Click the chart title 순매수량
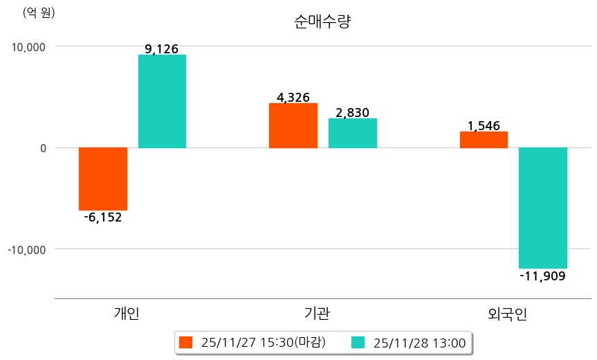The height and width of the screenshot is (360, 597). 322,22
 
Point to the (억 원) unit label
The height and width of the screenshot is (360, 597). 39,12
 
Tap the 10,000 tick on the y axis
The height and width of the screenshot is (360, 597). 26,46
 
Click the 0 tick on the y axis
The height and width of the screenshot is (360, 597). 42,147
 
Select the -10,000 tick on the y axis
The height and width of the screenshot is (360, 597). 26,249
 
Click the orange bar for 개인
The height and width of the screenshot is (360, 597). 102,179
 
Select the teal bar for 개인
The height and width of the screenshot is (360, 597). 162,101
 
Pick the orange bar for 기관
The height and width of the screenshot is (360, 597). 293,125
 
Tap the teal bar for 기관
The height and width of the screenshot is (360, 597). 352,133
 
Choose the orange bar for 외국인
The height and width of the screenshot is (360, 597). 484,139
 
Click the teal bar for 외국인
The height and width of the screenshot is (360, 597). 543,208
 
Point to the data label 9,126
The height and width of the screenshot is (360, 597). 162,49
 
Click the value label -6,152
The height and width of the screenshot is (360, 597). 102,217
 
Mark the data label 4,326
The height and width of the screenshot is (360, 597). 293,98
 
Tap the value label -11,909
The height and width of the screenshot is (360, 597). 543,276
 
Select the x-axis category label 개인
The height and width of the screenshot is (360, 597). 127,314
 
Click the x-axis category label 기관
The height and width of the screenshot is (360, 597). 317,314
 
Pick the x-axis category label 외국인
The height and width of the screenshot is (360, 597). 507,314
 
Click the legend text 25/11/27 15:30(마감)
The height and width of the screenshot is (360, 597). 263,342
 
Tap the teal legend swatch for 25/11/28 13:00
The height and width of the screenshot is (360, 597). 358,342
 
